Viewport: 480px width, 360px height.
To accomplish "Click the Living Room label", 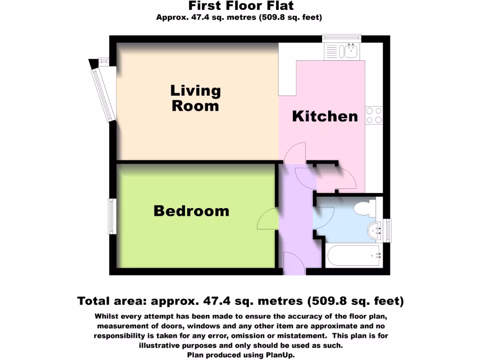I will click(x=195, y=98).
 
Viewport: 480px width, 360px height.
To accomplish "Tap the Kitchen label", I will click(x=325, y=116).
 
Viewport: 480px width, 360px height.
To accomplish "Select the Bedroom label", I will click(x=191, y=211).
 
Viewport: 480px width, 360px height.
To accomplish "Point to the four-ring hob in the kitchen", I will click(x=374, y=115).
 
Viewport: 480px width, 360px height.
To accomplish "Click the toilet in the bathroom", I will click(x=366, y=208).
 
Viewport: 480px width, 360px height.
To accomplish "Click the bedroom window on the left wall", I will click(x=112, y=217).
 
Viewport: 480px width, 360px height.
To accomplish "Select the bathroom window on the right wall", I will click(x=387, y=230).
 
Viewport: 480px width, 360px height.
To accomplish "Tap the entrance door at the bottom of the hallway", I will click(x=293, y=263).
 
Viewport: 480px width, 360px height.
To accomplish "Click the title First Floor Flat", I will click(x=241, y=6).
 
